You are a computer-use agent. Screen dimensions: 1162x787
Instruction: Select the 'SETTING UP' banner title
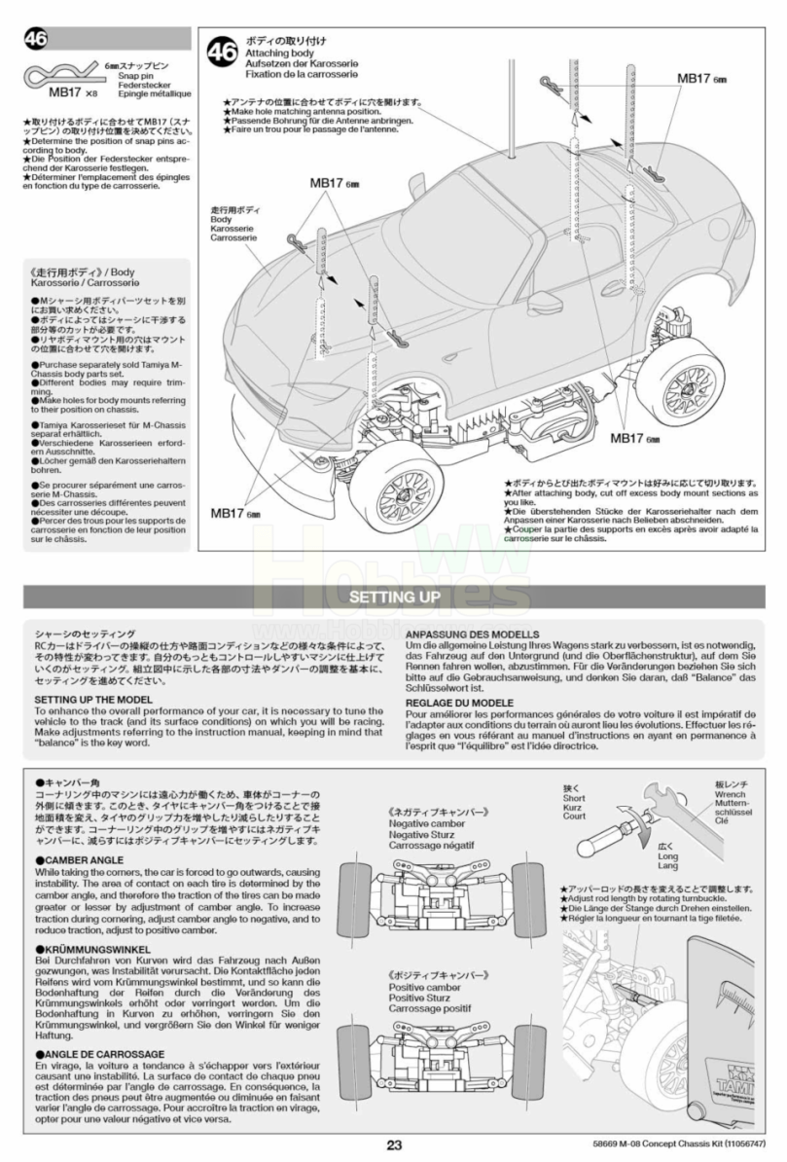[394, 596]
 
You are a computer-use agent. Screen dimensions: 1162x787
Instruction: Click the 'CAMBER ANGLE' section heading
[79, 860]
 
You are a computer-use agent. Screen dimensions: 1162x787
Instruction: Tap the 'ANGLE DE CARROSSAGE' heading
[99, 1054]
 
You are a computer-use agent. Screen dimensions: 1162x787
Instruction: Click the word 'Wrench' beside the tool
[727, 794]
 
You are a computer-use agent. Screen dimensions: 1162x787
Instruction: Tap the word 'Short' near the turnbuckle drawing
[574, 798]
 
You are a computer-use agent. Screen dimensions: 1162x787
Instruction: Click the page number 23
[393, 1144]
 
